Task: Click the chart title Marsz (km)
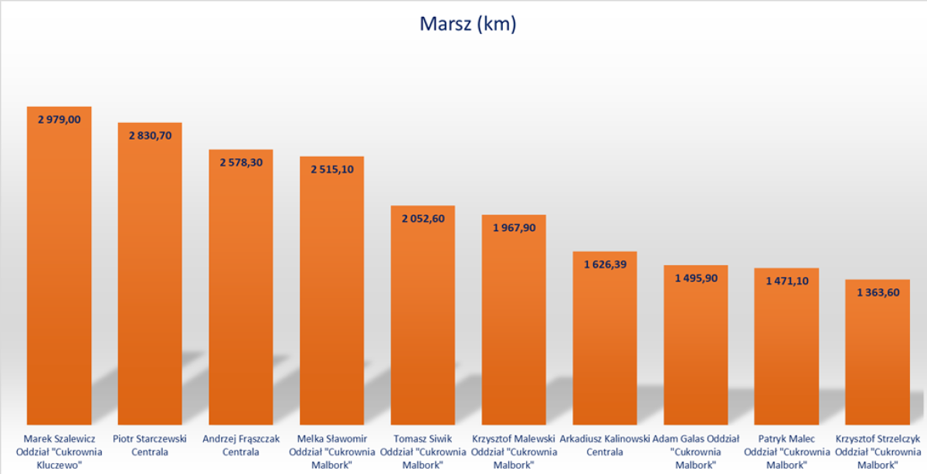pos(467,24)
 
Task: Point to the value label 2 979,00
pos(59,119)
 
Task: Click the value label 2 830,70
pos(150,135)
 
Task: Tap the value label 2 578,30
pos(241,162)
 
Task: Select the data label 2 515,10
pos(332,169)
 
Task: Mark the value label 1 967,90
pos(514,227)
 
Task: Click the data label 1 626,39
pos(605,264)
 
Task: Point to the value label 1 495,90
pos(695,278)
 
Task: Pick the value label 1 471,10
pos(786,281)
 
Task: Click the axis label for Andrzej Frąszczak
pos(241,445)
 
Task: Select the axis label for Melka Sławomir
pos(332,452)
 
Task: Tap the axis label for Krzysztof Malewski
pos(514,452)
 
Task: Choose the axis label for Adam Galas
pos(695,452)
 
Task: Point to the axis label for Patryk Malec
pos(786,452)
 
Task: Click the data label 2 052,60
pos(423,219)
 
